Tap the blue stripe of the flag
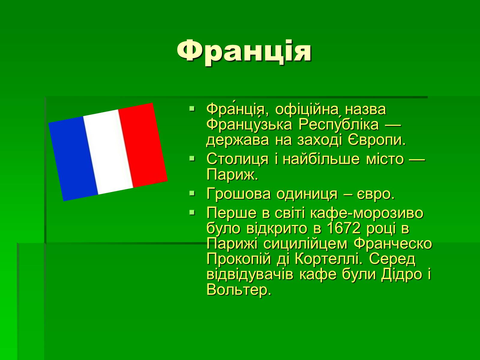(73, 158)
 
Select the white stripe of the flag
(108, 152)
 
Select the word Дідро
(401, 274)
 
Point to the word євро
(376, 194)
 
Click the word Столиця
(238, 159)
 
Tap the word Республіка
(338, 124)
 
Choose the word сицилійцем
(305, 244)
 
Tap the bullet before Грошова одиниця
(192, 193)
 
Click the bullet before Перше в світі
(192, 212)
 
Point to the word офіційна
(307, 109)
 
